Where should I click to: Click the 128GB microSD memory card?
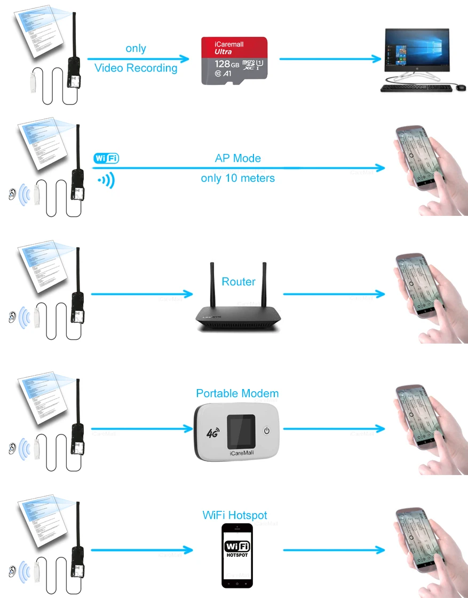(x=234, y=60)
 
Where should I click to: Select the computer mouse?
(x=460, y=88)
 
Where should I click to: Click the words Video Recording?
(x=136, y=68)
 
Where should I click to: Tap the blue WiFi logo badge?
(x=106, y=158)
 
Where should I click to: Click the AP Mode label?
(x=237, y=158)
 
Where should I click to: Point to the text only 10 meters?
(x=237, y=178)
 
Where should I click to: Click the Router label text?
(x=238, y=282)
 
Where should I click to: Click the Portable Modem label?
(x=237, y=394)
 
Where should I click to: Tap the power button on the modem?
(x=268, y=430)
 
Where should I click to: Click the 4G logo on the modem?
(x=212, y=433)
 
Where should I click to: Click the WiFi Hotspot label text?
(x=235, y=516)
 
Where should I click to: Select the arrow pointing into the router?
(x=141, y=294)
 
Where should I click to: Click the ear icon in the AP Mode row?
(x=12, y=195)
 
